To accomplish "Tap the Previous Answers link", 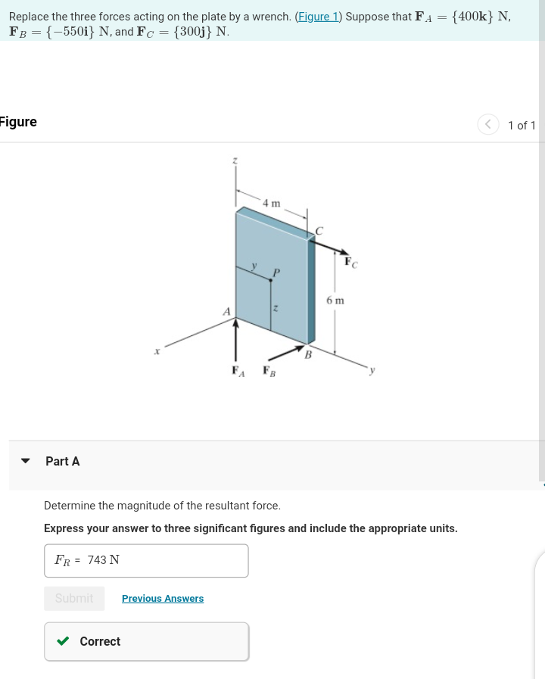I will (x=163, y=599).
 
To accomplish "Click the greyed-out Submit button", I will (x=74, y=598).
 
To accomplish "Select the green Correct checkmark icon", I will (x=64, y=642).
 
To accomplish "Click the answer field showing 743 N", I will (x=146, y=560).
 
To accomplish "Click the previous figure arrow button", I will (x=488, y=124).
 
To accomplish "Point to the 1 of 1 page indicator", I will (x=522, y=125).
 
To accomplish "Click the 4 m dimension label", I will (x=271, y=203).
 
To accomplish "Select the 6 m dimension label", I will (x=335, y=301).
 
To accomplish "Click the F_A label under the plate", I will (x=238, y=371).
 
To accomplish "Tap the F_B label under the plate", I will (x=269, y=371).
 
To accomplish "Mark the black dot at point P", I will (x=271, y=280).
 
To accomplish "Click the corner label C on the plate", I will (x=319, y=229).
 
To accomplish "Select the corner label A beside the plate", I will (x=226, y=310).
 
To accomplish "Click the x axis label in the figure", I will (x=157, y=351).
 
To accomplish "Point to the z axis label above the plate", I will (x=235, y=160).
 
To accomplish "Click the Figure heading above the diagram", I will (x=18, y=122).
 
